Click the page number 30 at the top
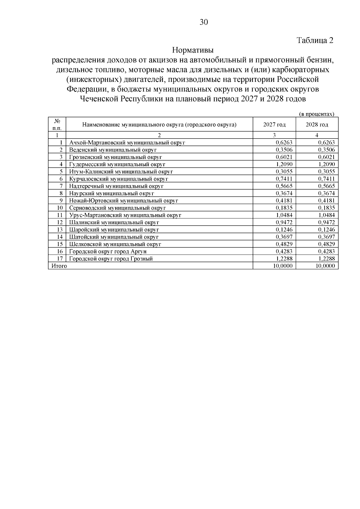[204, 22]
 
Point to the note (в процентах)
[317, 114]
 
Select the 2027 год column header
[274, 124]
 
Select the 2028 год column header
[317, 124]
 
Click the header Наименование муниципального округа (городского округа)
[159, 124]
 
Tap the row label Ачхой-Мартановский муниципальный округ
[127, 143]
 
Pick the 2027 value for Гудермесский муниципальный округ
[284, 164]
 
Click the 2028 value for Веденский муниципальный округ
[326, 150]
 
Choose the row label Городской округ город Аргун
[108, 251]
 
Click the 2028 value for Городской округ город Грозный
[326, 259]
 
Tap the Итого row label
[59, 266]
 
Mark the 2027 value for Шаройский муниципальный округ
[284, 230]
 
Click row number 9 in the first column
[61, 201]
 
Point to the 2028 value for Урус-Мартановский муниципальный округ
[326, 215]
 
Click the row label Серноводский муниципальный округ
[117, 208]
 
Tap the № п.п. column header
[57, 124]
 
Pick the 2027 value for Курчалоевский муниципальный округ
[284, 179]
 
